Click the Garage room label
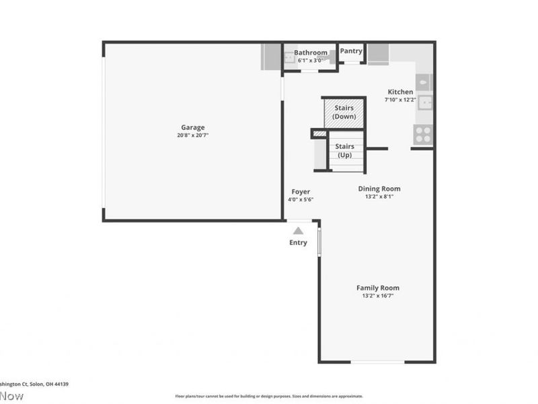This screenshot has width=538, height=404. [192, 127]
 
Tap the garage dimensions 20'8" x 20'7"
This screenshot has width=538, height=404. [192, 135]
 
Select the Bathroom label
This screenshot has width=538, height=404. [311, 53]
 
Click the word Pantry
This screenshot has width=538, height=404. [351, 50]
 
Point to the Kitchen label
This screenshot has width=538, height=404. [400, 92]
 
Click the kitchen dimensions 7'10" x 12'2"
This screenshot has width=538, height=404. [400, 100]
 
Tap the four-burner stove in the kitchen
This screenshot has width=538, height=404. [423, 135]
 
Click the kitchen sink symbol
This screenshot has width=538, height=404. [424, 102]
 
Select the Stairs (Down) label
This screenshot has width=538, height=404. [344, 112]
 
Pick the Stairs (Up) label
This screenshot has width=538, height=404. [344, 150]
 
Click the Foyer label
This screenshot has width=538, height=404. [301, 191]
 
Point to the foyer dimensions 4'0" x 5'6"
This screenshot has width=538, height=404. [301, 199]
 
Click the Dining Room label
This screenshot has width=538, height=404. [379, 189]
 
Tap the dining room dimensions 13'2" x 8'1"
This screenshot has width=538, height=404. [379, 197]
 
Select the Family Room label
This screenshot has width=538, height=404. [377, 288]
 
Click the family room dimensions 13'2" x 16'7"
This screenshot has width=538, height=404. [377, 296]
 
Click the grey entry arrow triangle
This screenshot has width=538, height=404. [298, 231]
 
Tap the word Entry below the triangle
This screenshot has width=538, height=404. [298, 242]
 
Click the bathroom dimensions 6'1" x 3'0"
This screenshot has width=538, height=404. [311, 60]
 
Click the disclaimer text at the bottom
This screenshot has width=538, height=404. [269, 396]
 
